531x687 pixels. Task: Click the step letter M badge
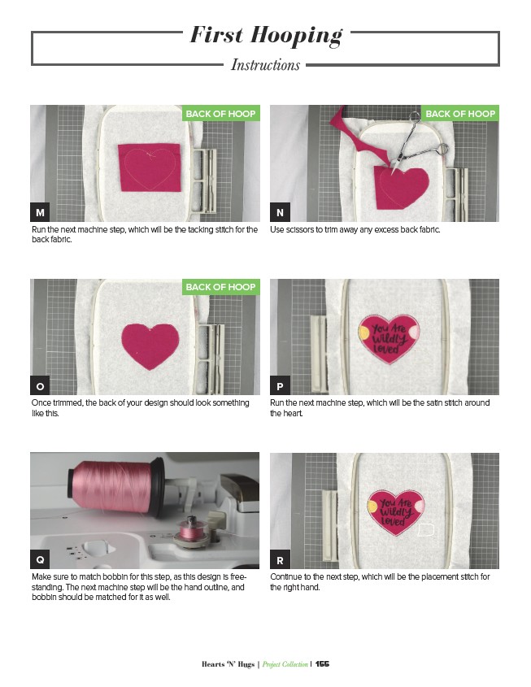40,212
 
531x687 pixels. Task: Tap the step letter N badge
280,212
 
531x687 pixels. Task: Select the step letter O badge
40,386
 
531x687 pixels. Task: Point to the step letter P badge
280,386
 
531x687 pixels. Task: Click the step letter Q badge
40,559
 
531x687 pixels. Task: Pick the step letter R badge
280,559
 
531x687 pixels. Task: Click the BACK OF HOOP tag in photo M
221,114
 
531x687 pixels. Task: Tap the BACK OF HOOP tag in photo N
460,114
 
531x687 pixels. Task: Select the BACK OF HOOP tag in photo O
221,287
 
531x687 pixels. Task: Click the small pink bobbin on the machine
191,530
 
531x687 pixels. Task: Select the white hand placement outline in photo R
425,530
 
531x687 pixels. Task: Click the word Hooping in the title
297,36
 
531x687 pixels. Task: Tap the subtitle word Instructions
265,65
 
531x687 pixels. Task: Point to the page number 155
322,663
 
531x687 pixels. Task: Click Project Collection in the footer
285,664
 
